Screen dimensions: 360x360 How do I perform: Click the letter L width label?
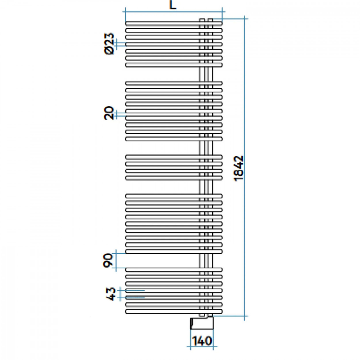[173, 5]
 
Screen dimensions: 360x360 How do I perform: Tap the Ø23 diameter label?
[109, 43]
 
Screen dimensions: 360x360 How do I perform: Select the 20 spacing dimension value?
[109, 113]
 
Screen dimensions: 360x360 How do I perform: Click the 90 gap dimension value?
[108, 260]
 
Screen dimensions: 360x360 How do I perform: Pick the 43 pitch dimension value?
[111, 294]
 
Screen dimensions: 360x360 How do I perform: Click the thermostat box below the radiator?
[202, 323]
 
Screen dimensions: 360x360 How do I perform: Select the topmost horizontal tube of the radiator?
[174, 23]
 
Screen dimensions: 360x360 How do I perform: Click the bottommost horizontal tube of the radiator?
[174, 311]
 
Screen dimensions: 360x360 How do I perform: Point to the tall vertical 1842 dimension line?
[244, 168]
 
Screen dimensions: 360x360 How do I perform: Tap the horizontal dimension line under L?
[174, 12]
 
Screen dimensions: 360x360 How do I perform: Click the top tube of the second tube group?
[174, 83]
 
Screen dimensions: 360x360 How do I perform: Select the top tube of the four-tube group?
[174, 157]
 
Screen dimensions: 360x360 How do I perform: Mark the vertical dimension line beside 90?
[116, 261]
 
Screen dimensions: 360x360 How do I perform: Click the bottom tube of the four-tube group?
[174, 178]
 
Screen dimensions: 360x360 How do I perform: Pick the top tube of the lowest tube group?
[174, 270]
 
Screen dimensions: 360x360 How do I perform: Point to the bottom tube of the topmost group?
[174, 65]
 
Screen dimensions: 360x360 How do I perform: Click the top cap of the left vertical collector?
[202, 20]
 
